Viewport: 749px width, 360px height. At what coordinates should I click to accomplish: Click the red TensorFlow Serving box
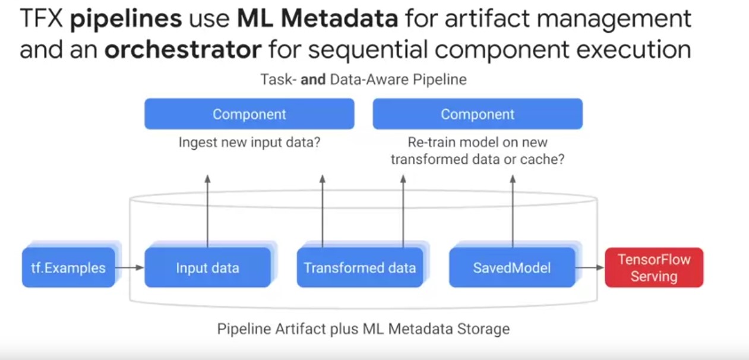(x=654, y=268)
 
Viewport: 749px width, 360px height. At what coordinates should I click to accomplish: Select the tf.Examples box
(x=68, y=268)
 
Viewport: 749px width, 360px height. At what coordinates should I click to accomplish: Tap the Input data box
(x=207, y=268)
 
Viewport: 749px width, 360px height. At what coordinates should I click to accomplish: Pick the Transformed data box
(x=360, y=268)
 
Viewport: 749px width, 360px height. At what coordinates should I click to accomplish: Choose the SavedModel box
(x=512, y=268)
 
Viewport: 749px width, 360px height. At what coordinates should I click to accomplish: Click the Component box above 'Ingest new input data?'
(x=249, y=114)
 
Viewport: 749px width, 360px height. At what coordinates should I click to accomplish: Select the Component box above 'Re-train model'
(x=478, y=114)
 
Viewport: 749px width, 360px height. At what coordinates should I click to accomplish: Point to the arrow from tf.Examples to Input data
(x=129, y=268)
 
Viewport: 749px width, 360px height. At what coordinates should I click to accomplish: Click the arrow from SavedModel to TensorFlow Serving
(x=590, y=268)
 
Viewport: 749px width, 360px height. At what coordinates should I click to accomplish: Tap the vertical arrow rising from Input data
(x=207, y=211)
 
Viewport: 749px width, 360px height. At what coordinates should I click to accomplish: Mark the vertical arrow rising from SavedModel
(x=512, y=211)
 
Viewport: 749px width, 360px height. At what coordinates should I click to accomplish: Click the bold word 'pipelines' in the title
(x=126, y=20)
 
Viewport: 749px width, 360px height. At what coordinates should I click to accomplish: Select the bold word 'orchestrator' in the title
(x=183, y=50)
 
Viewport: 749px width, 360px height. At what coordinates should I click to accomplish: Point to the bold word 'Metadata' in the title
(x=339, y=20)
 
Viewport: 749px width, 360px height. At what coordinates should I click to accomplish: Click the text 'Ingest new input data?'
(x=249, y=143)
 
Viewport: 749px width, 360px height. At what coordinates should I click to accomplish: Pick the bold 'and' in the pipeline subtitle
(x=313, y=79)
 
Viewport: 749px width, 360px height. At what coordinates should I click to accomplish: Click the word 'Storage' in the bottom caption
(x=484, y=329)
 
